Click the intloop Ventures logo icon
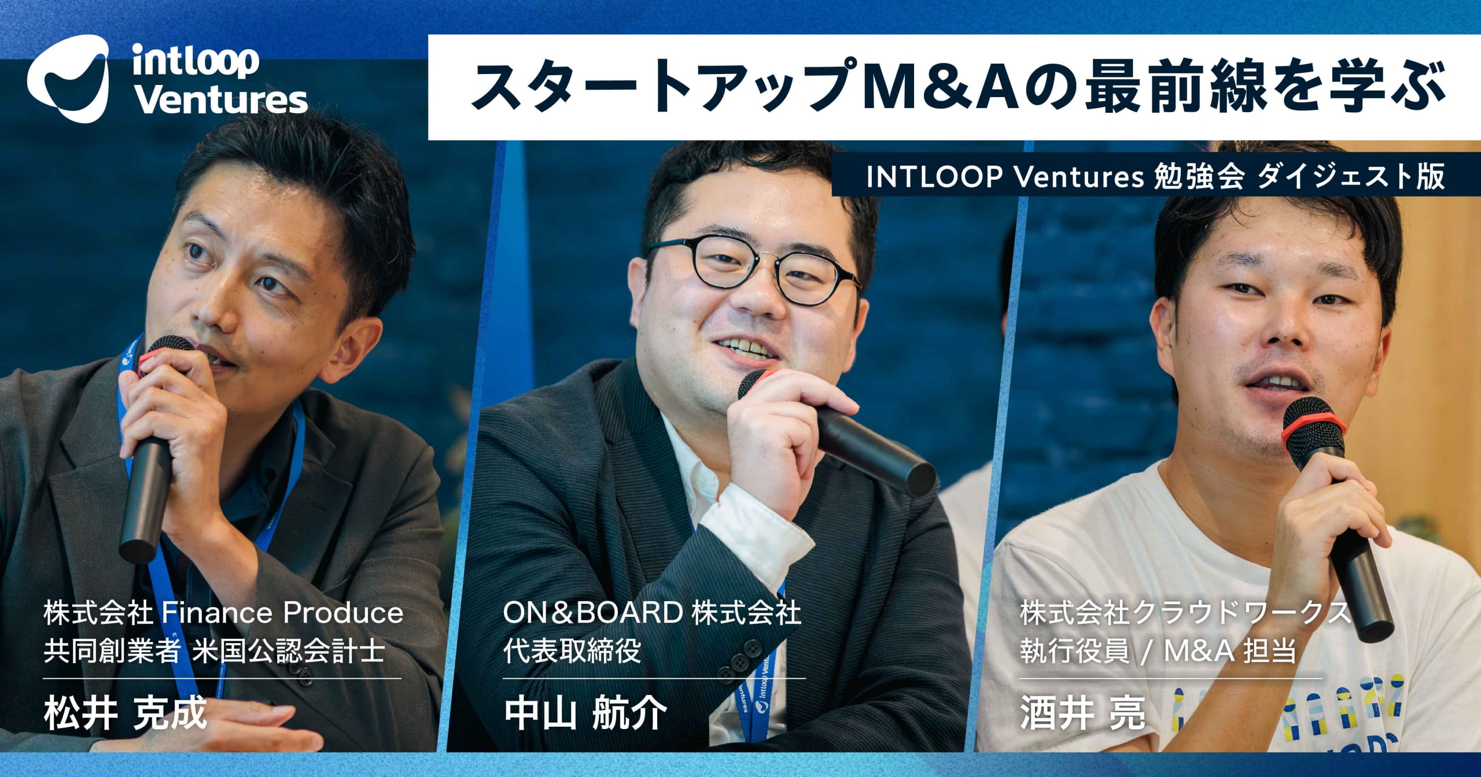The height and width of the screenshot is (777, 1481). pyautogui.click(x=68, y=78)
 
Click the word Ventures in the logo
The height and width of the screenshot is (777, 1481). pyautogui.click(x=220, y=101)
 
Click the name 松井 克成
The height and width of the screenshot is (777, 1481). pyautogui.click(x=125, y=713)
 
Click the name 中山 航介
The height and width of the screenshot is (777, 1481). pyautogui.click(x=585, y=713)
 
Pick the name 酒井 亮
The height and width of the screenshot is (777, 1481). pyautogui.click(x=1082, y=713)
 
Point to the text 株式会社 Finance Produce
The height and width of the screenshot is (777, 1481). pyautogui.click(x=223, y=613)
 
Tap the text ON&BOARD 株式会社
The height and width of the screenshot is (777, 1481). pyautogui.click(x=652, y=613)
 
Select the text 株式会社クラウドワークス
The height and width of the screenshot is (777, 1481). pyautogui.click(x=1185, y=613)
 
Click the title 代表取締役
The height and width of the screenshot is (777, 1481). pyautogui.click(x=572, y=651)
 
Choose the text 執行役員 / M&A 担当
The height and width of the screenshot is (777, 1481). pyautogui.click(x=1157, y=651)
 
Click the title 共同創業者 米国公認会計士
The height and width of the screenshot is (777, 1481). pyautogui.click(x=214, y=651)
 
